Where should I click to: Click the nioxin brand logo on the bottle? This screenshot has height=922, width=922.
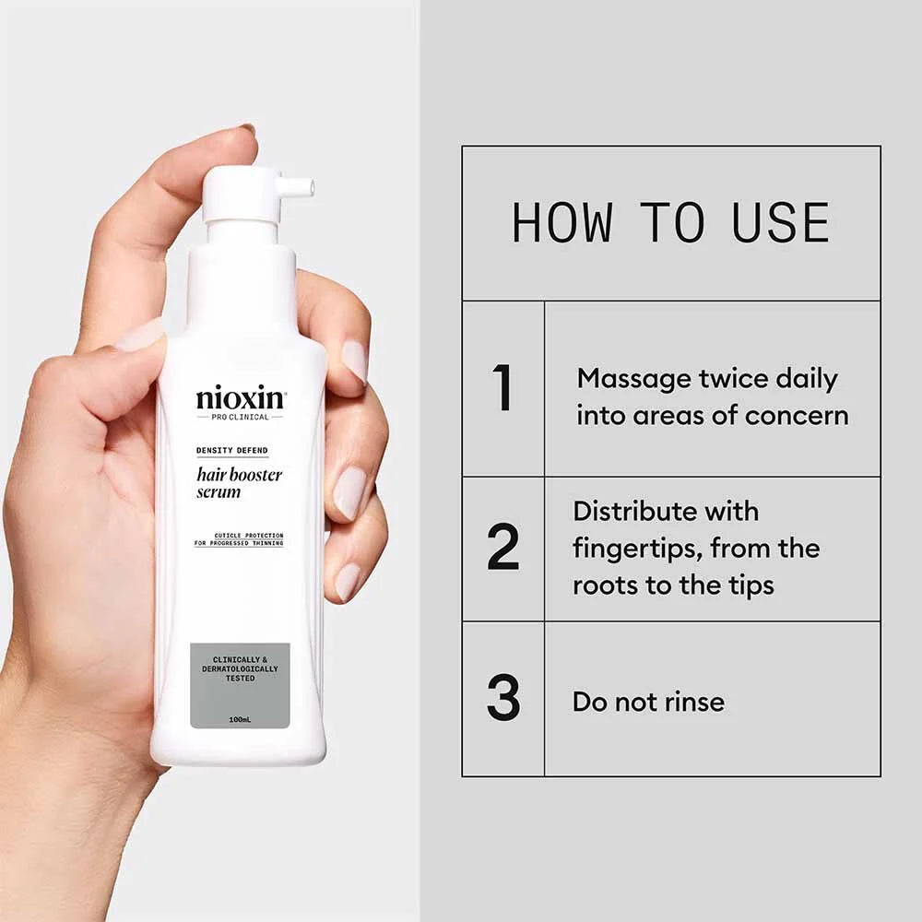coord(241,399)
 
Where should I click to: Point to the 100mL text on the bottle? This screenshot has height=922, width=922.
coord(240,718)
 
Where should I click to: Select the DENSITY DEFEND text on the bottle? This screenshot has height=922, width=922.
coord(231,450)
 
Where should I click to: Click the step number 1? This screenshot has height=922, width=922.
coord(502,388)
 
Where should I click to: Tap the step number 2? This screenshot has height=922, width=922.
coord(502,548)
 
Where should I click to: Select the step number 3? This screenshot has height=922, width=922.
coord(502,699)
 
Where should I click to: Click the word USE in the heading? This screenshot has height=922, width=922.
coord(781,223)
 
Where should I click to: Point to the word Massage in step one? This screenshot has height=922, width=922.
coord(633,379)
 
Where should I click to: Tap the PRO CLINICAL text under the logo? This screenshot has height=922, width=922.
coord(240,417)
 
